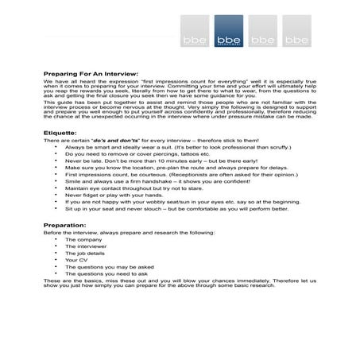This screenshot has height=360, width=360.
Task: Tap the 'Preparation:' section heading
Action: (x=65, y=226)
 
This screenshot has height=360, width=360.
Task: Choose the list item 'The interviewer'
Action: (x=85, y=246)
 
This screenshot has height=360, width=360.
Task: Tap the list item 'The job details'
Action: (x=85, y=253)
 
